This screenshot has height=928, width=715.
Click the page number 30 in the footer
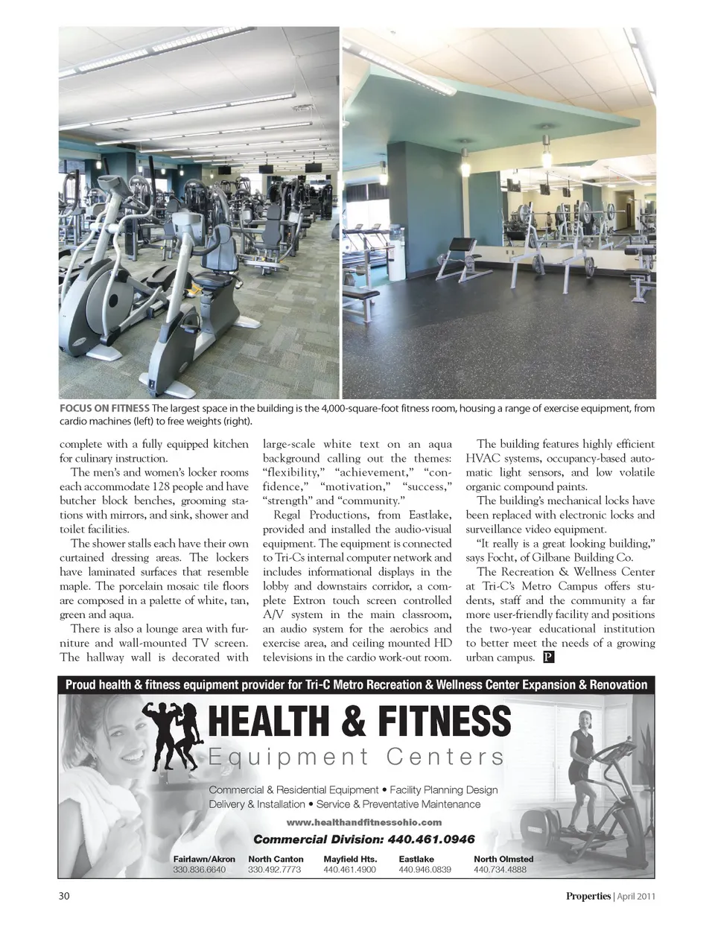65,896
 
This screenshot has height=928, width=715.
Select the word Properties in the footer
588,896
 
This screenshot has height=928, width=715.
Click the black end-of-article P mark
548,657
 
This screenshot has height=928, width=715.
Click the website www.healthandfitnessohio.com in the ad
364,822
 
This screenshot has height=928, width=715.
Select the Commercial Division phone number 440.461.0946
431,839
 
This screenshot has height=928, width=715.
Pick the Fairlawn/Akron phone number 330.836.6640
199,870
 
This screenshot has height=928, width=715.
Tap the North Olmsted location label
503,859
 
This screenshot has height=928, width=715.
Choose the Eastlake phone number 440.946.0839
425,870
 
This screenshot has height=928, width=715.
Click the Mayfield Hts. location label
350,859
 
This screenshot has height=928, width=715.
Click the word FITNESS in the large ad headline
444,721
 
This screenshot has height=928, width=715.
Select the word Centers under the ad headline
445,757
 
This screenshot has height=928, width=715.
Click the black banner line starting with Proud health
357,684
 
